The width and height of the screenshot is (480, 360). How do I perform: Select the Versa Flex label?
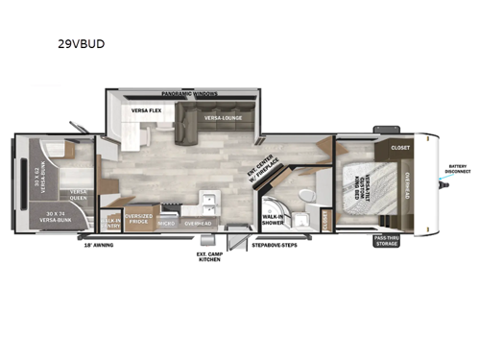point(145,110)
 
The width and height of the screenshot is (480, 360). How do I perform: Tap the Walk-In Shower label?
point(272,220)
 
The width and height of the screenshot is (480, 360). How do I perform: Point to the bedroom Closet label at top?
point(400,148)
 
